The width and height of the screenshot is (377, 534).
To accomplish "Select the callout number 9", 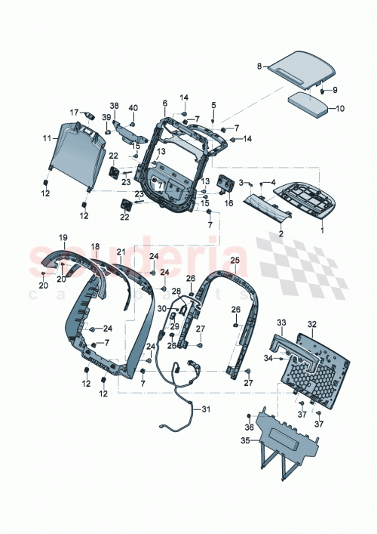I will click(x=336, y=90).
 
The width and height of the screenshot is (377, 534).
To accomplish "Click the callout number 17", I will click(x=75, y=112).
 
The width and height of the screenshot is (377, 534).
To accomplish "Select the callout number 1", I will click(x=324, y=224).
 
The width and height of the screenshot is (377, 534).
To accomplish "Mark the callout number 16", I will click(x=228, y=202).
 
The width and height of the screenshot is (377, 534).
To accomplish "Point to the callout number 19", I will click(x=64, y=236).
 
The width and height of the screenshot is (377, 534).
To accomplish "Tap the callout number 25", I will click(x=234, y=260).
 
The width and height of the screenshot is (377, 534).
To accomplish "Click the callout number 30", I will click(x=161, y=308).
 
